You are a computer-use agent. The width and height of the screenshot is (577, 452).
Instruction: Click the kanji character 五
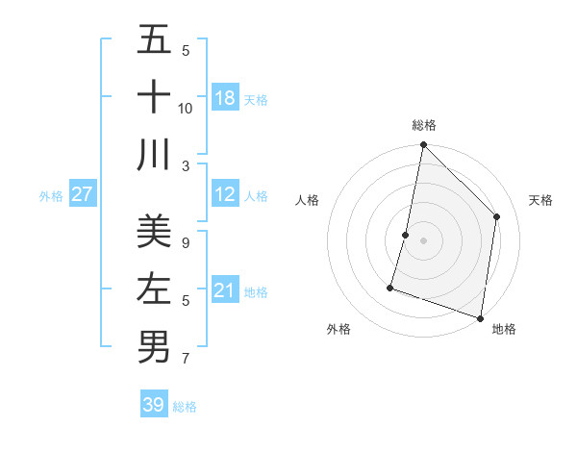tap(153, 40)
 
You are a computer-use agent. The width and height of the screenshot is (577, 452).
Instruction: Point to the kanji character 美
tap(153, 232)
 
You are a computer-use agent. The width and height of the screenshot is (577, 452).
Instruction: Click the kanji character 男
tap(153, 345)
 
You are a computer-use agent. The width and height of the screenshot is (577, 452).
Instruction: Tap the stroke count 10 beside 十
tap(186, 108)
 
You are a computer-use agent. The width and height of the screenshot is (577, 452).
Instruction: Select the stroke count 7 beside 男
tap(186, 359)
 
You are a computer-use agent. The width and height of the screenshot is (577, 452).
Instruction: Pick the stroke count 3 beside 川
tap(186, 165)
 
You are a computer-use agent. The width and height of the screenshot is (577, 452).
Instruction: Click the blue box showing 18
tap(225, 98)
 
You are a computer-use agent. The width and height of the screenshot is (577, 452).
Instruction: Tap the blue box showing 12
tap(225, 194)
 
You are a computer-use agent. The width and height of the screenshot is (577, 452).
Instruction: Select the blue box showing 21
tap(225, 290)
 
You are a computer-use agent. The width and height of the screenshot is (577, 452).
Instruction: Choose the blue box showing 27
tap(82, 194)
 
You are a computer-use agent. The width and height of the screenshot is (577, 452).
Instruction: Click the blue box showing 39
tap(153, 405)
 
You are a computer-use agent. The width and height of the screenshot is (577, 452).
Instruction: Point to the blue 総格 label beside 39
tap(185, 407)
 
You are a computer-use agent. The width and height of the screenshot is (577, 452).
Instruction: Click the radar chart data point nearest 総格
tap(423, 146)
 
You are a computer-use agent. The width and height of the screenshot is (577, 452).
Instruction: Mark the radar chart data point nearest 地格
tap(480, 317)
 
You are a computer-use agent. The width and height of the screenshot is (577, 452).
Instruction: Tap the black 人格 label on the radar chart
tap(308, 201)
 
